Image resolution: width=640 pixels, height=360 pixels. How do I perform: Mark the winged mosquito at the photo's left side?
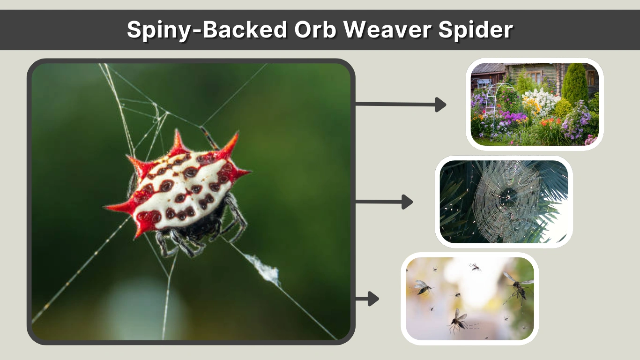(x=423, y=287)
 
